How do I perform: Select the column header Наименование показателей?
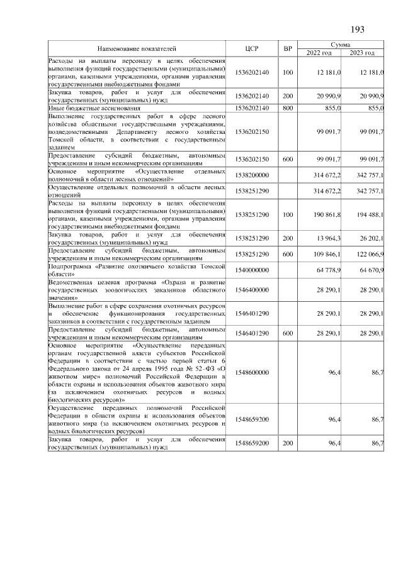(x=137, y=48)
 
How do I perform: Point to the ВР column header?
(x=288, y=48)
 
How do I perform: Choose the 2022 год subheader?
(x=319, y=52)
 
